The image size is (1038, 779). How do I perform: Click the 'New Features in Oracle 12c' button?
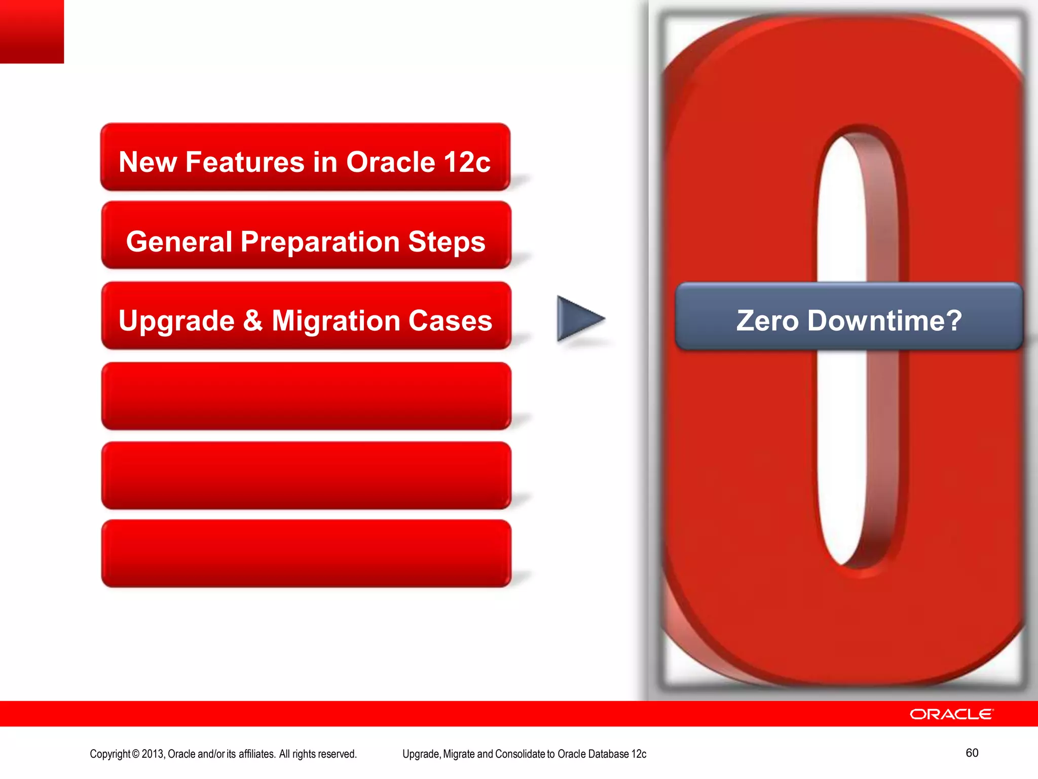[305, 157]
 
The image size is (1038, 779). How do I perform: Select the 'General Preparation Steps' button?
[306, 236]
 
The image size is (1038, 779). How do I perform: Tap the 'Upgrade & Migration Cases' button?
[306, 316]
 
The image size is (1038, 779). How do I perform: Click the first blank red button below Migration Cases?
[306, 396]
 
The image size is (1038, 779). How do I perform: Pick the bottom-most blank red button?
[306, 553]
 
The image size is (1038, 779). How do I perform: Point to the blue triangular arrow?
[578, 319]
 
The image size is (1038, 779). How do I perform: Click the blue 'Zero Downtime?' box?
[849, 317]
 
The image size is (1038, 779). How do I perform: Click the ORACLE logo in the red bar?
[952, 714]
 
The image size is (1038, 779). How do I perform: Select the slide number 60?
[972, 753]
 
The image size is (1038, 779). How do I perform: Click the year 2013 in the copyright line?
[153, 754]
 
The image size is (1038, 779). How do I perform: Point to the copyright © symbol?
[135, 754]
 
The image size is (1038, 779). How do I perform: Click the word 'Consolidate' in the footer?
[520, 754]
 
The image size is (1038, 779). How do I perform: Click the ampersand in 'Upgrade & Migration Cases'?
[253, 321]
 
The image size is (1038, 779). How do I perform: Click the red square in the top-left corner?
[31, 31]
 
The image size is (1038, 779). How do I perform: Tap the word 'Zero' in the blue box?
[767, 321]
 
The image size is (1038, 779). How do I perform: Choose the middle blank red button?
[306, 475]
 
